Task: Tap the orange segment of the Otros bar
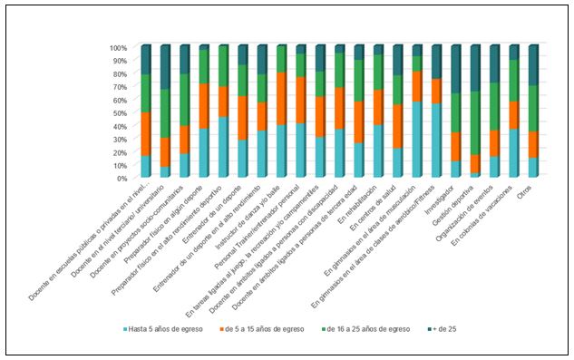(x=535, y=144)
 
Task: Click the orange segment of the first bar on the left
(x=146, y=134)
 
